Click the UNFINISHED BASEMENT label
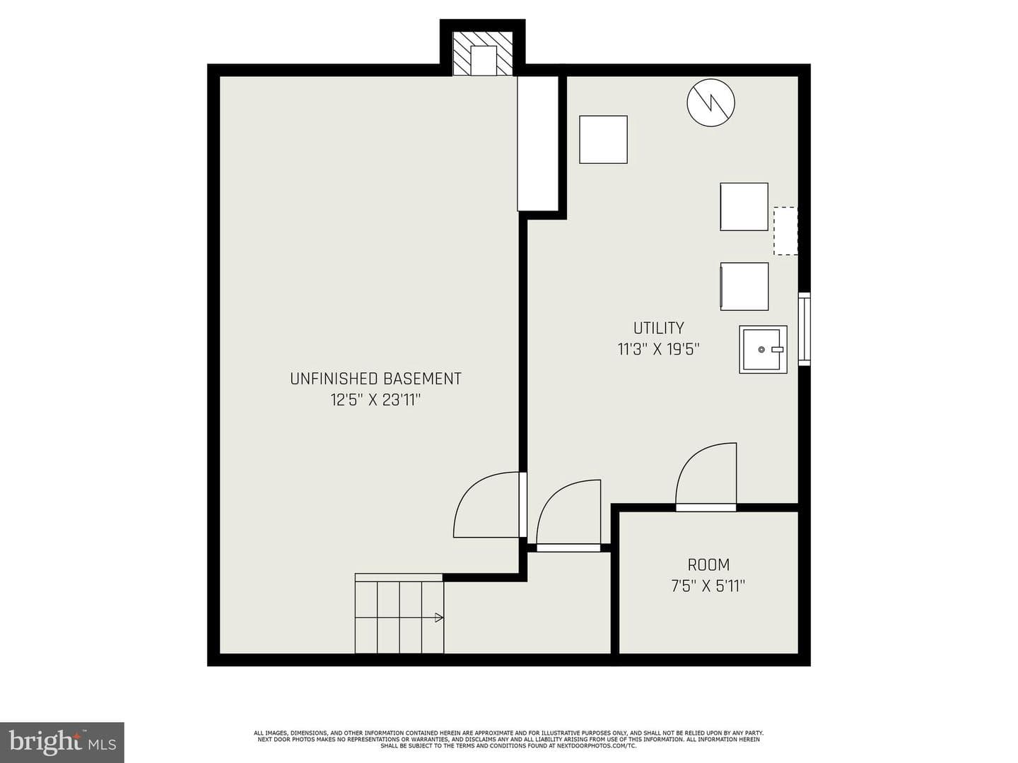point(375,379)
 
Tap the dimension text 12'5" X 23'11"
point(375,400)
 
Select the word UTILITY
point(659,329)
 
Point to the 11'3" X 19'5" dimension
point(659,349)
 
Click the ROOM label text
point(708,565)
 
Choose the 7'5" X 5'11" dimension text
point(708,586)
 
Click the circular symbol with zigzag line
point(711,103)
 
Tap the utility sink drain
point(761,349)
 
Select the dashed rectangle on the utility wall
point(785,231)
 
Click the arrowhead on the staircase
point(439,617)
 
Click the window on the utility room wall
point(805,329)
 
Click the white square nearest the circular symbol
point(604,139)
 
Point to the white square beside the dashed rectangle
point(744,206)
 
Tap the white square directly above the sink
point(744,287)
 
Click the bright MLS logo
point(62,742)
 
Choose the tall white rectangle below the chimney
point(537,143)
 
